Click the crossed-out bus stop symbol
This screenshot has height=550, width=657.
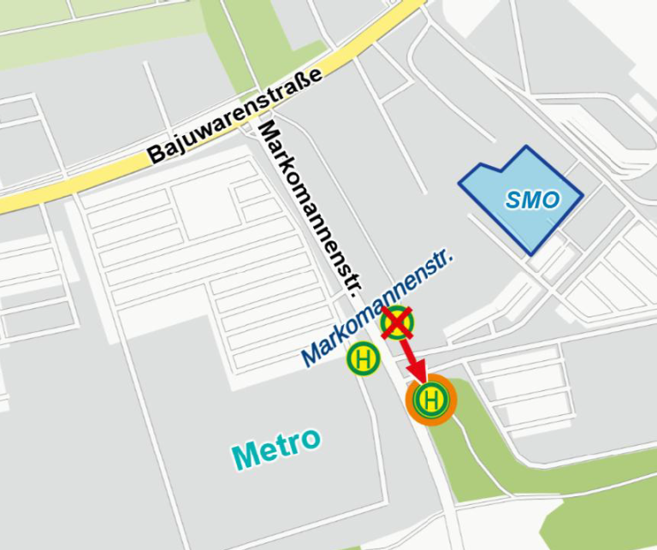point(397,322)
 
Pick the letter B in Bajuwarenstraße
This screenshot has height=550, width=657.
point(157,155)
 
